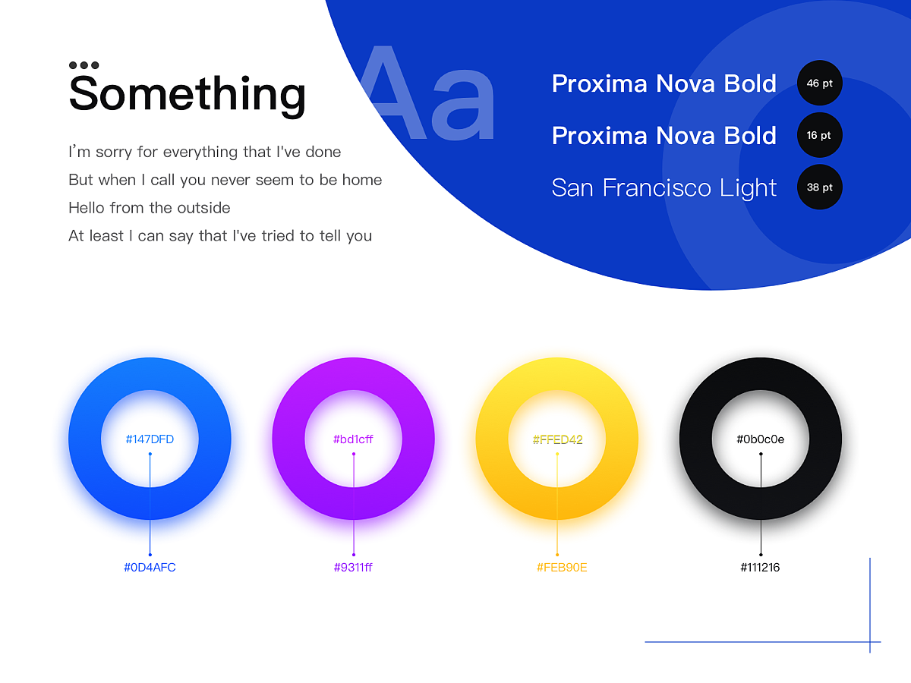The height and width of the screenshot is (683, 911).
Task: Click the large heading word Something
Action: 188,95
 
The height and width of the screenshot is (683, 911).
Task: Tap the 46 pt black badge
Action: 819,83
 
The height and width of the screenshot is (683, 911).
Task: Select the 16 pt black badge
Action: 819,135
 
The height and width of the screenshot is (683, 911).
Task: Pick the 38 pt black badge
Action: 819,187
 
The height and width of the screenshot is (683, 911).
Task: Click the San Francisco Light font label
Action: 664,188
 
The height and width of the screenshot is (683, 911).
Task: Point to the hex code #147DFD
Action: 150,439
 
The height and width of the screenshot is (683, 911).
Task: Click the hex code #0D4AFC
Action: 150,568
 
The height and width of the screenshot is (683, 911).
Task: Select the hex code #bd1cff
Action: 353,439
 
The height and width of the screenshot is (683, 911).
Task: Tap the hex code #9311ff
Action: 353,568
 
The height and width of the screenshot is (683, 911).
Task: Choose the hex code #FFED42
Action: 557,439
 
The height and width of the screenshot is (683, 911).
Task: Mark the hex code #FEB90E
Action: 562,568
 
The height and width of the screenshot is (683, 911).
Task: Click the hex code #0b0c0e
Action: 761,439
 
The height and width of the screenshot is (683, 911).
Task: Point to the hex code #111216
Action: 761,568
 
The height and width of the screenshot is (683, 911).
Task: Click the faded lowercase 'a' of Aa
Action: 463,105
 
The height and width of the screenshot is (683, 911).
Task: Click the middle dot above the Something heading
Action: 84,65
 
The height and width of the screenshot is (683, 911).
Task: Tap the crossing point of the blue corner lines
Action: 870,642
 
